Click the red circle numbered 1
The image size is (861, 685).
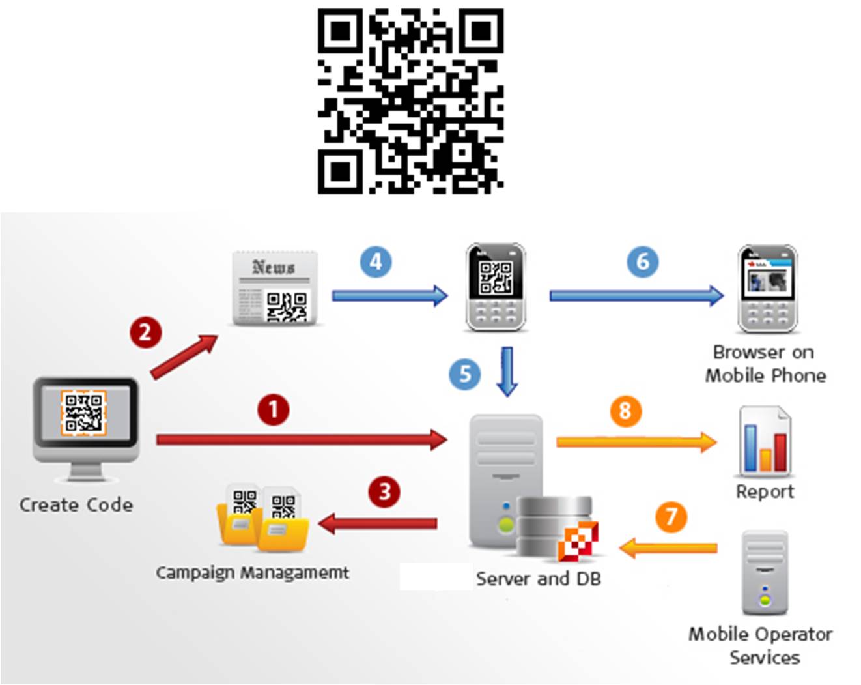(x=273, y=410)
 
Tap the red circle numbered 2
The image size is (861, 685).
(x=145, y=332)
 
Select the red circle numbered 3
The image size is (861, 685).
(x=384, y=491)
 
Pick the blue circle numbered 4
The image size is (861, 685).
(x=376, y=262)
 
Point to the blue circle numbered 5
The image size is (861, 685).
(x=464, y=374)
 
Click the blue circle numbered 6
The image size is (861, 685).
(x=642, y=261)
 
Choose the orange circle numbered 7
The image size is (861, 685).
(x=671, y=517)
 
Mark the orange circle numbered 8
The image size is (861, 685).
(x=625, y=411)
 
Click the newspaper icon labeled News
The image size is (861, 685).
(x=275, y=288)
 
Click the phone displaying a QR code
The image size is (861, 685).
(x=496, y=287)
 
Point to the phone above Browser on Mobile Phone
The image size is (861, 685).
(x=767, y=288)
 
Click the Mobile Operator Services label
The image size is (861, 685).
(x=761, y=645)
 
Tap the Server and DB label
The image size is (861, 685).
(x=538, y=579)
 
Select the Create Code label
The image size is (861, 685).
(x=76, y=504)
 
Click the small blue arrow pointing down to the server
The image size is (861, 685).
(x=507, y=372)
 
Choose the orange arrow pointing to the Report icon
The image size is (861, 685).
(x=636, y=442)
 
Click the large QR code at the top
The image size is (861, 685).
(x=410, y=101)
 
